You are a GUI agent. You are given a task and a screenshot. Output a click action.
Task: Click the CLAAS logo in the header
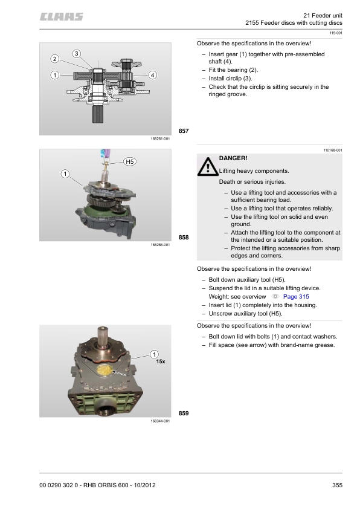61,16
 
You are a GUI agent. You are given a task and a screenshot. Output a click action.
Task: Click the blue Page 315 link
296,296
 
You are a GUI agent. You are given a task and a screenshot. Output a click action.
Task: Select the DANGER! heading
233,158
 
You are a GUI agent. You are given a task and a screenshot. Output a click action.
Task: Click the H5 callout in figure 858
130,161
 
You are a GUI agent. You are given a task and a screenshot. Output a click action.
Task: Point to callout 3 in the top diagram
77,54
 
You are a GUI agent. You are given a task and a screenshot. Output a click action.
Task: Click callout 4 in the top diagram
152,75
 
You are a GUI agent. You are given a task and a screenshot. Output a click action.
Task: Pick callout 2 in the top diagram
54,59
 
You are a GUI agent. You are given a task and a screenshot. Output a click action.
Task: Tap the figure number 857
184,131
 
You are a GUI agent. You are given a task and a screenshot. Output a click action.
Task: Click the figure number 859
184,413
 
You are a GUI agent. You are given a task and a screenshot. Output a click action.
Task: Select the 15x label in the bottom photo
161,361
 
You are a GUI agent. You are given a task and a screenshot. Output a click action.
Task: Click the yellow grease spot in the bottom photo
104,371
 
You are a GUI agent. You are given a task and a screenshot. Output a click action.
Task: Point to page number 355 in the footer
337,485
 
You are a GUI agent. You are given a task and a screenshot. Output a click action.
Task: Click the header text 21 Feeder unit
323,15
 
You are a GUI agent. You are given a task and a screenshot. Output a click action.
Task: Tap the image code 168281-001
160,138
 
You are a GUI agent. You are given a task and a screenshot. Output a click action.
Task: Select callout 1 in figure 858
65,174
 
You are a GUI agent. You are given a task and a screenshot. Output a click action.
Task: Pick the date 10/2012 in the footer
144,485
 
